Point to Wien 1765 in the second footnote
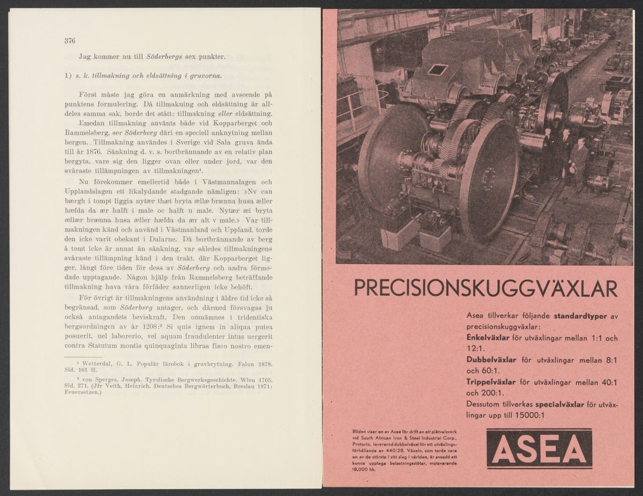252,378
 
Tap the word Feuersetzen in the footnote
85,392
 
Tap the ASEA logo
540,448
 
